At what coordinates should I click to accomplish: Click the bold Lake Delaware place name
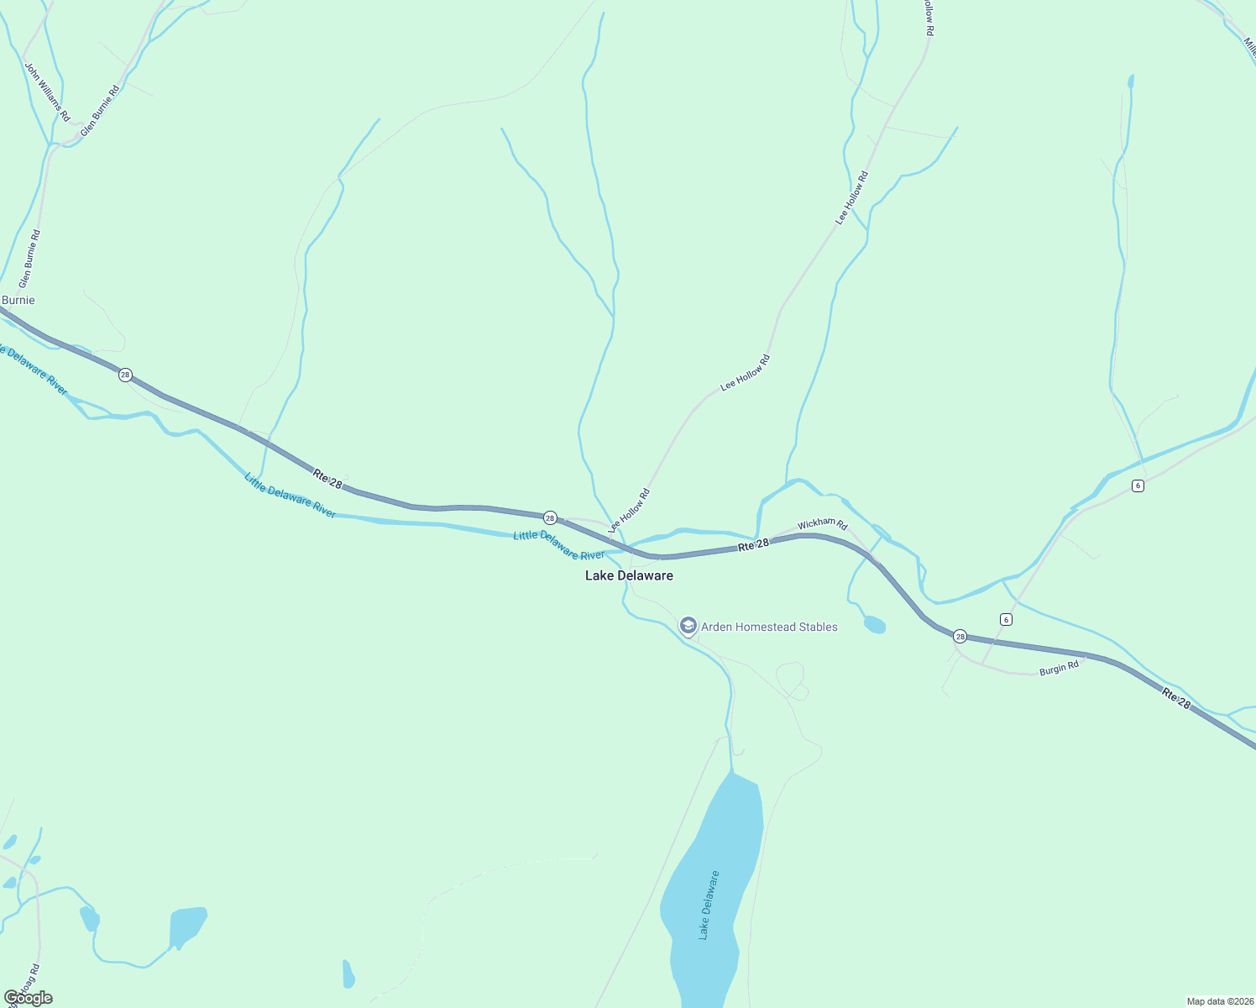click(629, 575)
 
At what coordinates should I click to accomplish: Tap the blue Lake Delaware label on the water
click(709, 906)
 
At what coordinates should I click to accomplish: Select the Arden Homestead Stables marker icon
click(688, 626)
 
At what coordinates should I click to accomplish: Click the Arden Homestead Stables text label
click(769, 627)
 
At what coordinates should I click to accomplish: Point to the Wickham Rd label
click(822, 524)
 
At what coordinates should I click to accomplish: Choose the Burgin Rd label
click(1059, 669)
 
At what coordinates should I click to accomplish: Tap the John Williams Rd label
click(47, 92)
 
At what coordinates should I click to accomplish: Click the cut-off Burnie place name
click(18, 300)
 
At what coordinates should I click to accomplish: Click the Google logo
click(29, 998)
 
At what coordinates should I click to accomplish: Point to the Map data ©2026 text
click(1218, 1001)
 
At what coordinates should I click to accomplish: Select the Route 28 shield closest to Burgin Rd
click(960, 637)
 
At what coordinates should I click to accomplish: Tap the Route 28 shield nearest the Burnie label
click(125, 375)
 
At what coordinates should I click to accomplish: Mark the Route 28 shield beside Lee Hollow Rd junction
click(550, 517)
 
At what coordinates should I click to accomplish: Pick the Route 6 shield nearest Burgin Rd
click(1006, 619)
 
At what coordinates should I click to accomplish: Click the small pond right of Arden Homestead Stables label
click(874, 625)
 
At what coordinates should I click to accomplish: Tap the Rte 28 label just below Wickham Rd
click(753, 544)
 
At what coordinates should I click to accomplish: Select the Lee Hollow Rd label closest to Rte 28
click(629, 511)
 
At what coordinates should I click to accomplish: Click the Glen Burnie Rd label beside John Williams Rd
click(100, 110)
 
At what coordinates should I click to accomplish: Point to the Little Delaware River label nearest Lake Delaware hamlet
click(559, 546)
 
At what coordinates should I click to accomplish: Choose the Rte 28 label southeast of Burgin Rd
click(1176, 697)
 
